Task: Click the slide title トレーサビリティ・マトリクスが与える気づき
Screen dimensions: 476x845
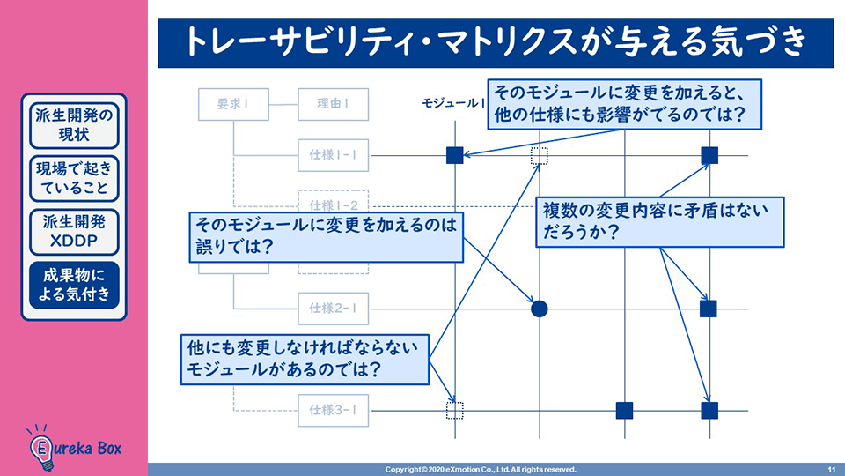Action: pyautogui.click(x=496, y=42)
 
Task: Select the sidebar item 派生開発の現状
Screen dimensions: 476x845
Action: pyautogui.click(x=75, y=126)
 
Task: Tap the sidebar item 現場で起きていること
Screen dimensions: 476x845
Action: pyautogui.click(x=75, y=179)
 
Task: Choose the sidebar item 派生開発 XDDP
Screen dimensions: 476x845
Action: pyautogui.click(x=75, y=231)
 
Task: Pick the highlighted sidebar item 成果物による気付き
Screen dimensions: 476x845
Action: pyautogui.click(x=75, y=285)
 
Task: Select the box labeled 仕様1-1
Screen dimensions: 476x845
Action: pyautogui.click(x=333, y=156)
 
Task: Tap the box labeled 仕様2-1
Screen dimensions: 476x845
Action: pyautogui.click(x=333, y=309)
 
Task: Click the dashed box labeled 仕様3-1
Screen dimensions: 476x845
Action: pyautogui.click(x=333, y=410)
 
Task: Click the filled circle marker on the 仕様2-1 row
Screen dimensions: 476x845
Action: pyautogui.click(x=540, y=309)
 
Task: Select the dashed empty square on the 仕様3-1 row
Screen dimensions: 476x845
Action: pyautogui.click(x=454, y=410)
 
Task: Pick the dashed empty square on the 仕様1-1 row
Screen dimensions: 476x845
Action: pyautogui.click(x=540, y=156)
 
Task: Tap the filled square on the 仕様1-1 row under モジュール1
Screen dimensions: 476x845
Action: pyautogui.click(x=454, y=156)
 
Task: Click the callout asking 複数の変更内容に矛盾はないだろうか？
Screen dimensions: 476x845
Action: pyautogui.click(x=659, y=222)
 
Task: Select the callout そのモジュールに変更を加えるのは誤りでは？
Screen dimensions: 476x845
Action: pyautogui.click(x=326, y=237)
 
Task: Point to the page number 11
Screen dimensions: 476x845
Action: pyautogui.click(x=832, y=469)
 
